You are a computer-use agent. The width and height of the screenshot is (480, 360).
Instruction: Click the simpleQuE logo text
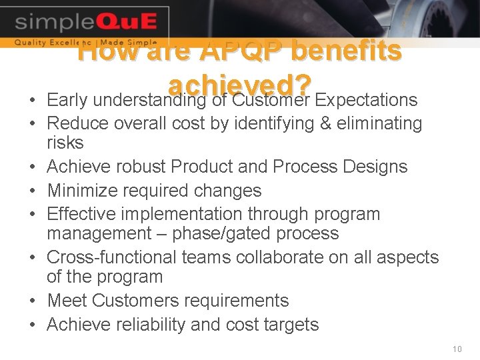tap(85, 22)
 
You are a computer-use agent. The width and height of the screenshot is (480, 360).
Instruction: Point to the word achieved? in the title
tap(240, 85)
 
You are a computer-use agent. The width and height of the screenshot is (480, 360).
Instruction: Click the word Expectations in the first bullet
tap(366, 100)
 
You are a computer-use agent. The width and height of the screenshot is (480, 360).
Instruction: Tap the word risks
tap(65, 143)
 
